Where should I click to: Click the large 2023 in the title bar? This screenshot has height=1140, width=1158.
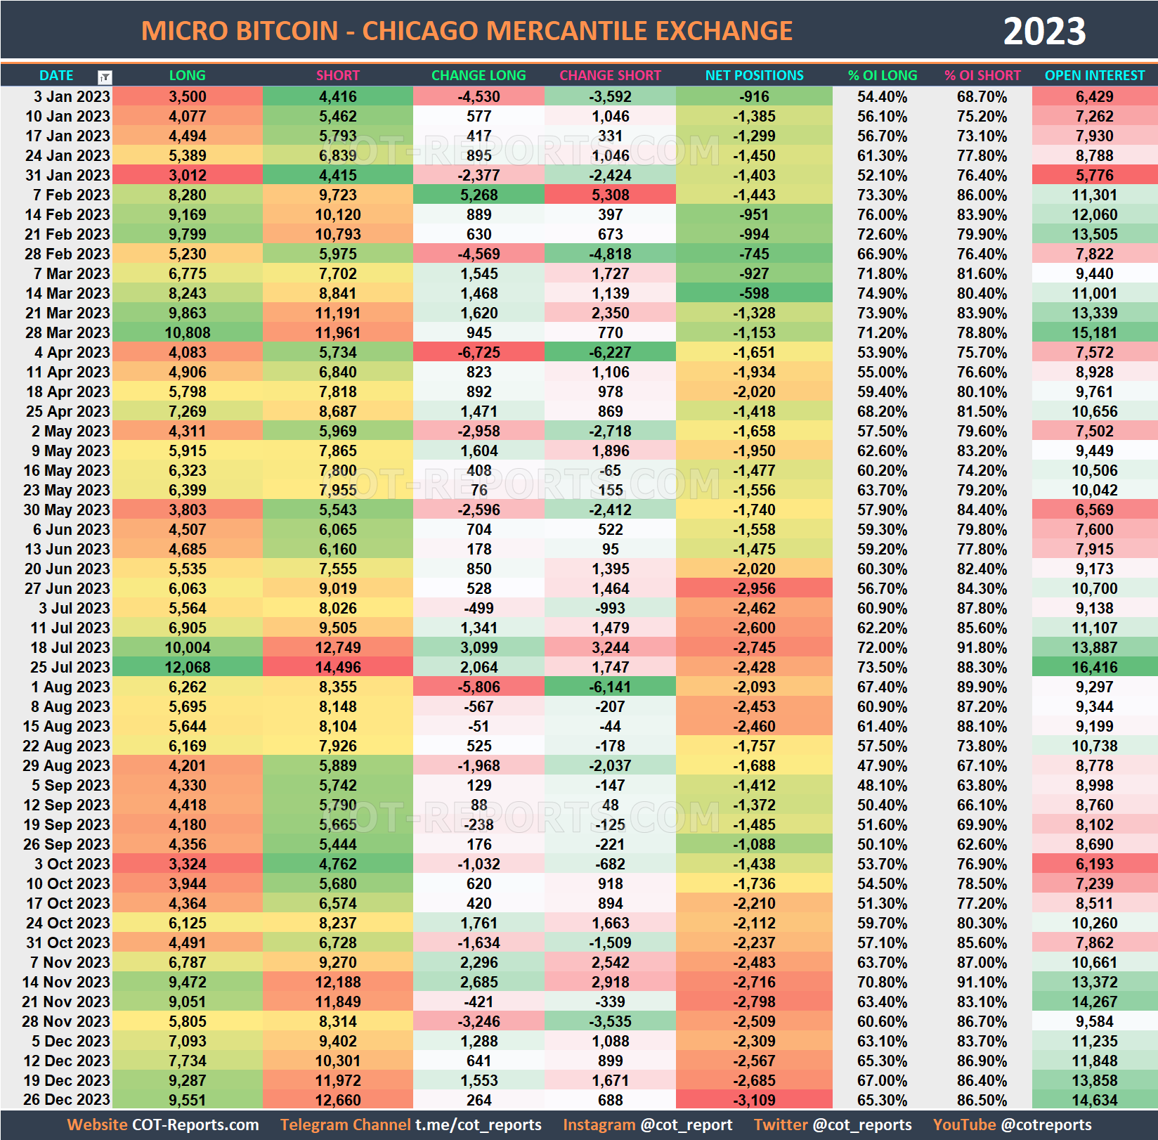tap(1044, 32)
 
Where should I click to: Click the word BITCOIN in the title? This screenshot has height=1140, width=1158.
tap(278, 32)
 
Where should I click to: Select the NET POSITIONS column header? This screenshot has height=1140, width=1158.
tap(754, 75)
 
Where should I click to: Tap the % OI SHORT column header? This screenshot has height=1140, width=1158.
tap(982, 75)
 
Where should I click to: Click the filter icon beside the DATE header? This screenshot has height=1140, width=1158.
tap(105, 77)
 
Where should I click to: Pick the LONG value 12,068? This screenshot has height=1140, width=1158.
tap(188, 667)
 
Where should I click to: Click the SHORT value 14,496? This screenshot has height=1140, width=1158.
tap(338, 667)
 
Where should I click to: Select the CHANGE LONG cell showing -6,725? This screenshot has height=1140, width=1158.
tap(479, 352)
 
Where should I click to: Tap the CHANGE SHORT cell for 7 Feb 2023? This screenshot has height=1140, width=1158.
tap(610, 195)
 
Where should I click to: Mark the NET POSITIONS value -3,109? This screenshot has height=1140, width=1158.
tap(754, 1100)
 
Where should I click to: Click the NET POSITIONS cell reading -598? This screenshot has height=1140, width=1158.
tap(754, 293)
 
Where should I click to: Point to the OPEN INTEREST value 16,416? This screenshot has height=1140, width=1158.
tap(1094, 667)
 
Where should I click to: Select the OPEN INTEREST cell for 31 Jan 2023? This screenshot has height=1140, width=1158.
tap(1094, 175)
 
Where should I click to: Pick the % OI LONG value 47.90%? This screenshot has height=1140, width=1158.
tap(882, 765)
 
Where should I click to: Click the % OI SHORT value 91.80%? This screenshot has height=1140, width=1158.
tap(982, 647)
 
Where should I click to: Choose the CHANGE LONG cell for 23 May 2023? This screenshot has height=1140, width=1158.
tap(479, 490)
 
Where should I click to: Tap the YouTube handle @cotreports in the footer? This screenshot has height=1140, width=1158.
tap(1046, 1125)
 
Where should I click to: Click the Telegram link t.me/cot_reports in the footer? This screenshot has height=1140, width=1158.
tap(478, 1125)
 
